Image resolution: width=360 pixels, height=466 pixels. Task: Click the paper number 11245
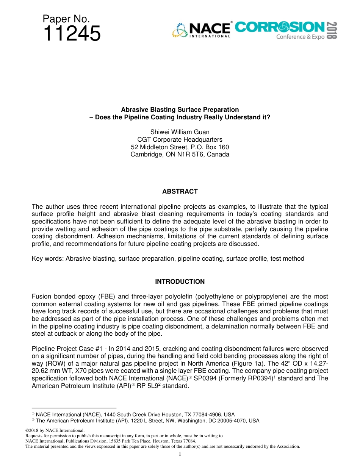[x=72, y=34]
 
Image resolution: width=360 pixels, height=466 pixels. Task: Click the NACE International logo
[x=202, y=30]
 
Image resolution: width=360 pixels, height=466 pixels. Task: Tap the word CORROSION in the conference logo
[x=280, y=27]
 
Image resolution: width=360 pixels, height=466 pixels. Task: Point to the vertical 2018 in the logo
[x=332, y=30]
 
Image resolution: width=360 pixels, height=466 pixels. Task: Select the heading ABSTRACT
[x=180, y=191]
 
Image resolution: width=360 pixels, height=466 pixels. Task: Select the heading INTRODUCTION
[x=180, y=281]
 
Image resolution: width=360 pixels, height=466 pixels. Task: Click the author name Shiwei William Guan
[x=180, y=132]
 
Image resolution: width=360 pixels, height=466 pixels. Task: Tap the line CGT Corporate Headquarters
[x=180, y=139]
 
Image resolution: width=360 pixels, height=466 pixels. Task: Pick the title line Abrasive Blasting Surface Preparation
[x=180, y=110]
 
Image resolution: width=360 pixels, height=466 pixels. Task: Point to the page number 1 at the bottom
[x=180, y=454]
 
